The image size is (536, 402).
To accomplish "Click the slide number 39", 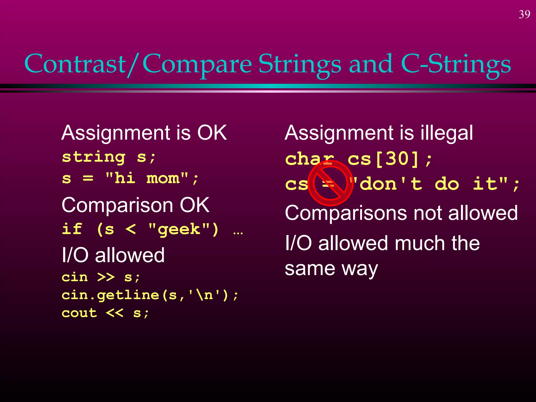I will [x=524, y=14].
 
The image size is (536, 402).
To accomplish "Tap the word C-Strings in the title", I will [x=455, y=64].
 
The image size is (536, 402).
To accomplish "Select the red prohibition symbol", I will [x=330, y=183].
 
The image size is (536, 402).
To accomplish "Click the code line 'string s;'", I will [x=109, y=157].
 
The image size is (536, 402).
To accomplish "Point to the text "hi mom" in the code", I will [x=147, y=178].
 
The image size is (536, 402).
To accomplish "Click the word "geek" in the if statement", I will [x=179, y=229].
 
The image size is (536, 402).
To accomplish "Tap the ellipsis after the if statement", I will [x=238, y=232].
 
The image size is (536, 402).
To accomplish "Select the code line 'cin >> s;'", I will [x=101, y=277].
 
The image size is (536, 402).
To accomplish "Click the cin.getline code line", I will [x=150, y=295].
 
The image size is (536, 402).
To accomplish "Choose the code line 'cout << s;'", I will [x=105, y=313].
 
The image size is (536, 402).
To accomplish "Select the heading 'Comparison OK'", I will [x=135, y=205].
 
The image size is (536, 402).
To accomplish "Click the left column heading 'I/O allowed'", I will [x=113, y=255].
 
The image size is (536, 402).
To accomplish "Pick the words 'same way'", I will [x=331, y=269].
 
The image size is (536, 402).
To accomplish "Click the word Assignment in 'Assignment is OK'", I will [x=116, y=133].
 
